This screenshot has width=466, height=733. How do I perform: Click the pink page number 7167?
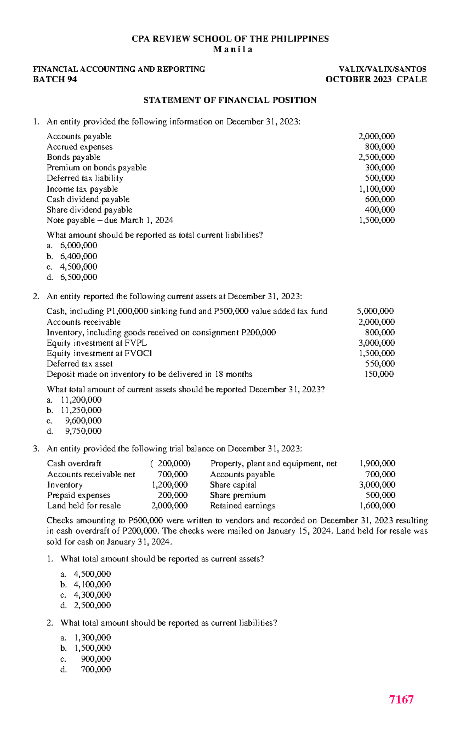(401, 699)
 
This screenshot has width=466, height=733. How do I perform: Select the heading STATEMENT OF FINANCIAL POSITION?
(230, 101)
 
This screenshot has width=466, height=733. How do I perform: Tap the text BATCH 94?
(55, 80)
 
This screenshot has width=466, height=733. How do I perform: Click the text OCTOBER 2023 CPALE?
(376, 80)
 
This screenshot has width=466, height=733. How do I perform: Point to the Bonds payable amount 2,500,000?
(376, 158)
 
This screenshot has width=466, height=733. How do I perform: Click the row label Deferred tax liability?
(85, 178)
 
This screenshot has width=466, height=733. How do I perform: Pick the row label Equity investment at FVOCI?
(99, 354)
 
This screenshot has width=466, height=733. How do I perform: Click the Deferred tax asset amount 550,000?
(379, 364)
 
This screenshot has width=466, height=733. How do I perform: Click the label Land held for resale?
(84, 506)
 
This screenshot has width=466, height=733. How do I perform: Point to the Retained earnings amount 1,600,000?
(377, 506)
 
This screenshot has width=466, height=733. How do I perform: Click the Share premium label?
(238, 496)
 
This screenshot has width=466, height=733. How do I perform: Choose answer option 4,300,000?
(92, 595)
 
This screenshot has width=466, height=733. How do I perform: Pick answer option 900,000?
(96, 659)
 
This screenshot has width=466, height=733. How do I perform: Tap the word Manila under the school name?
(233, 50)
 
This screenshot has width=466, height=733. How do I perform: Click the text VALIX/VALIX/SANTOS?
(382, 69)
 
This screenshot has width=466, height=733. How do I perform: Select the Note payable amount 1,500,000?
(376, 220)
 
